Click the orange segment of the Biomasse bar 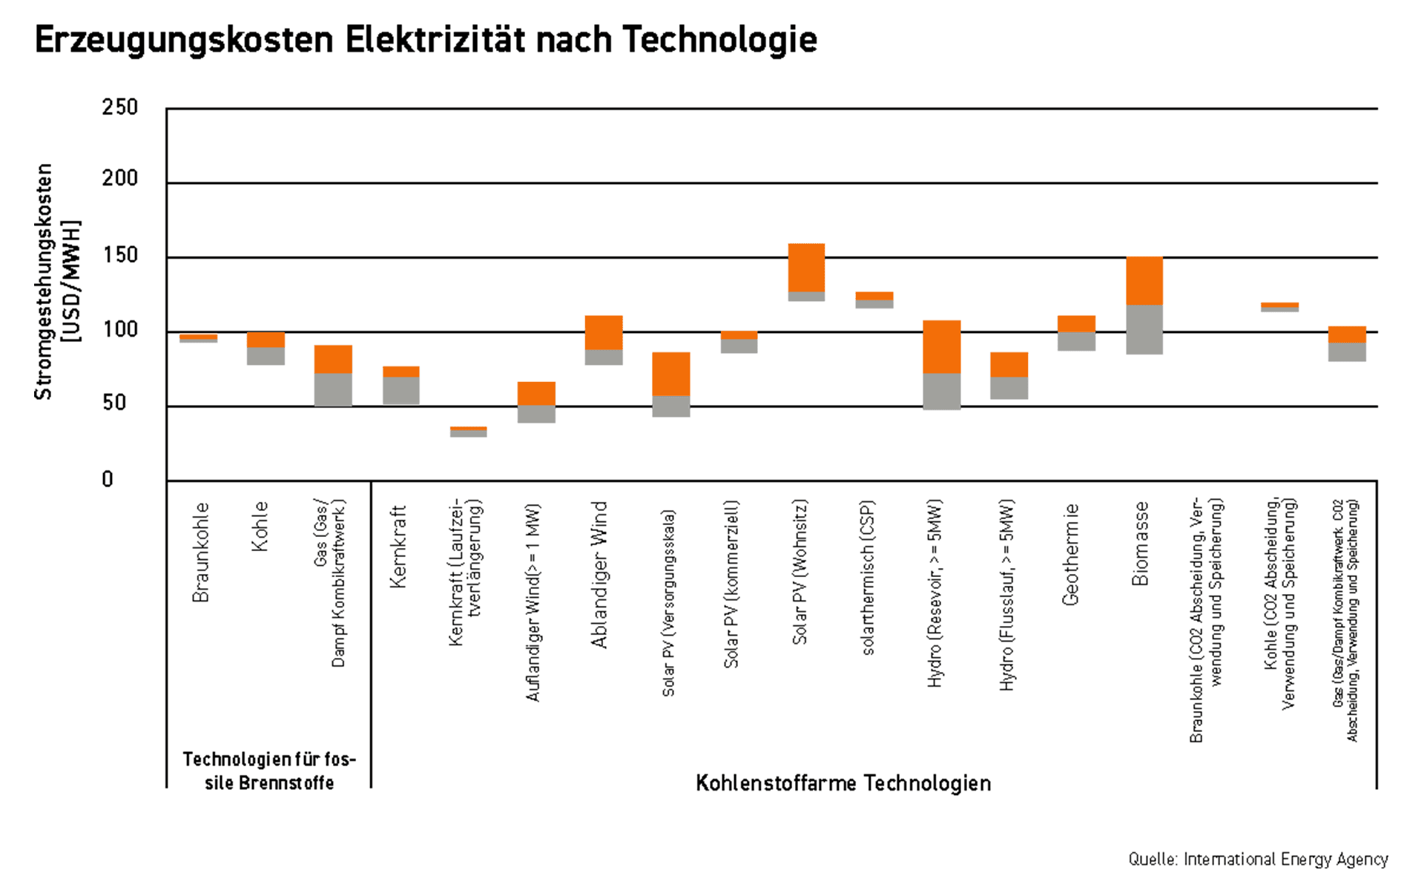pos(1144,281)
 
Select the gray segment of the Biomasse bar pos(1144,330)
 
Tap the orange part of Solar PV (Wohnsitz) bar pos(806,268)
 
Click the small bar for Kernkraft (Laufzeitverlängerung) pos(468,432)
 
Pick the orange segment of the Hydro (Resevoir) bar pos(942,347)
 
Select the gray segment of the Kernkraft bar pos(401,391)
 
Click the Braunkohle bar pos(198,338)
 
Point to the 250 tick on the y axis pos(119,108)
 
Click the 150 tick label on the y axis pos(119,255)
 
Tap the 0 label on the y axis pos(108,479)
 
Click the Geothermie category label pos(1070,555)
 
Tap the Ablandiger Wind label pos(599,575)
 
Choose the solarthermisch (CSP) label pos(868,578)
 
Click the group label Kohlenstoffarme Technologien pos(843,783)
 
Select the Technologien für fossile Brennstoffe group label pos(268,771)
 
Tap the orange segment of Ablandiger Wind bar pos(604,332)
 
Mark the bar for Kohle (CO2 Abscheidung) pos(1279,307)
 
